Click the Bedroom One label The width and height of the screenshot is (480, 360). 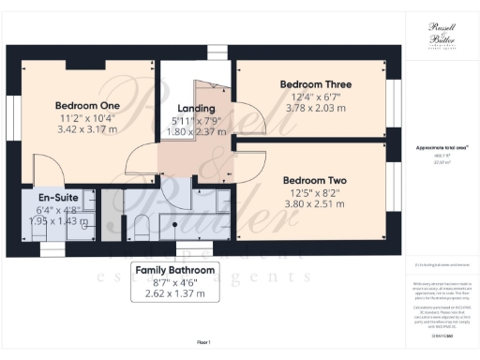[87, 104]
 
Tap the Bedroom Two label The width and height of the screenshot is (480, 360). [315, 180]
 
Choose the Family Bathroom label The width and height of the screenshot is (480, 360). [176, 270]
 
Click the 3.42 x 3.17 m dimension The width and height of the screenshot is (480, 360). [87, 129]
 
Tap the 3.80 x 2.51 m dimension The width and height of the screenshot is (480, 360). [315, 204]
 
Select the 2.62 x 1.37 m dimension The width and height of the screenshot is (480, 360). [176, 294]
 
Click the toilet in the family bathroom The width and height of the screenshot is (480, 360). [139, 226]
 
